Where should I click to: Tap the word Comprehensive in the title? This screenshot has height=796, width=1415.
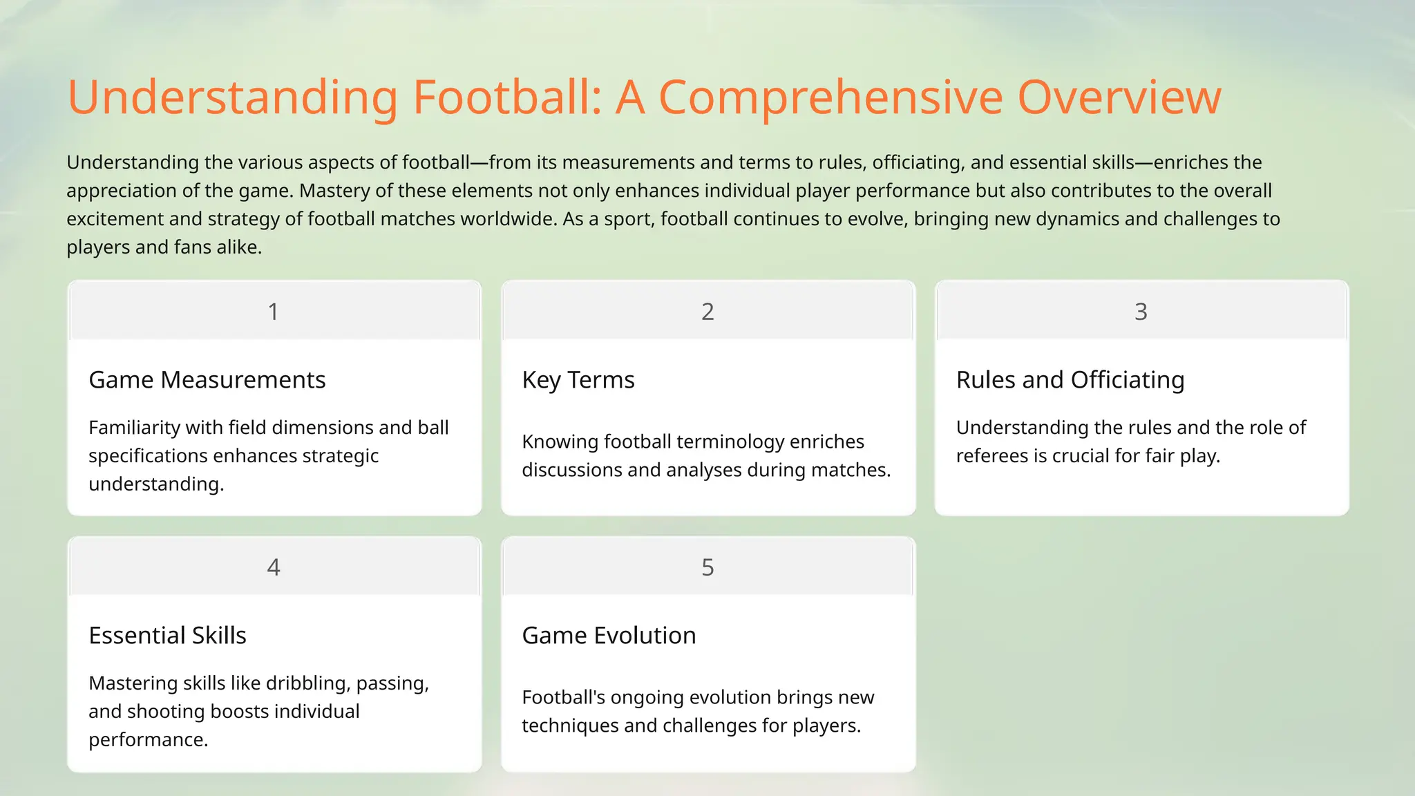[x=830, y=97]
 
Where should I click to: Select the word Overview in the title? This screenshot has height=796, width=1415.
[x=1119, y=97]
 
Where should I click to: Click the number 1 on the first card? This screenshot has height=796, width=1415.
[x=274, y=312]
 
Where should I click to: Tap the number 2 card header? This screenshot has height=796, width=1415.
[x=707, y=312]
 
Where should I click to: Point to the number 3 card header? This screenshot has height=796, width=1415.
[x=1141, y=312]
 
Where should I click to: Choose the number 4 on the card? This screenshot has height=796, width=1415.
[x=274, y=567]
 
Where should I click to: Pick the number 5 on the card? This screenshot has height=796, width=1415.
[x=707, y=567]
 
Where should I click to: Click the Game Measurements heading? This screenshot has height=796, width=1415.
[x=207, y=380]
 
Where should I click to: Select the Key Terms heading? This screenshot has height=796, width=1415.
[x=578, y=380]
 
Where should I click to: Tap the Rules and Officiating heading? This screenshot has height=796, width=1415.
[x=1070, y=380]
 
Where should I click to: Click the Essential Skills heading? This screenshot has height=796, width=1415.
[x=167, y=636]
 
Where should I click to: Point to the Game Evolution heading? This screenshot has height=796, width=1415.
[x=609, y=636]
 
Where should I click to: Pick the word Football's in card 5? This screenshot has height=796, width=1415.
[x=563, y=697]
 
